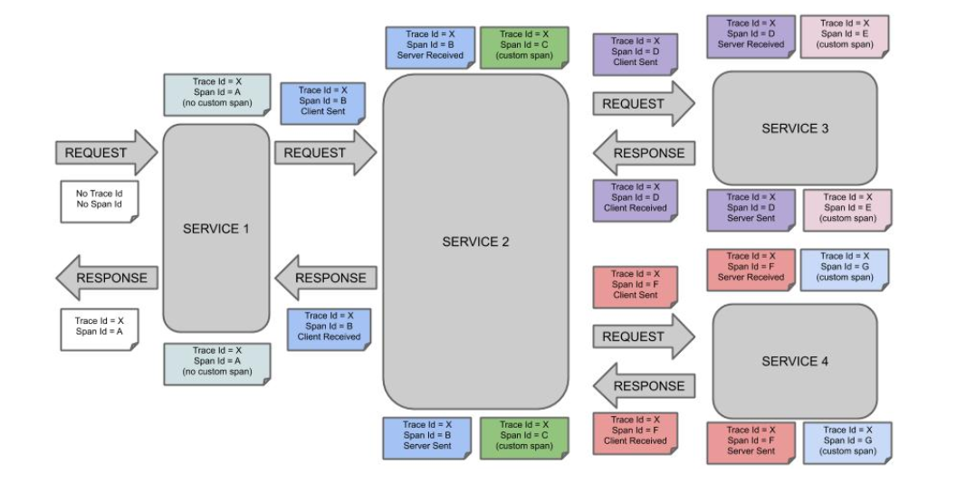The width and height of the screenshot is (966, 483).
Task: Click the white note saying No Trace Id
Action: [x=100, y=202]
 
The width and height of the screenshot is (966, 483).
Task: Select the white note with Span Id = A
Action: [x=100, y=330]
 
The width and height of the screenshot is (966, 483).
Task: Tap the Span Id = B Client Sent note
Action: [x=323, y=103]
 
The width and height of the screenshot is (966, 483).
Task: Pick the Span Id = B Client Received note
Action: [x=329, y=330]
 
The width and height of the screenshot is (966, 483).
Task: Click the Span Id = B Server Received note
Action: [x=430, y=47]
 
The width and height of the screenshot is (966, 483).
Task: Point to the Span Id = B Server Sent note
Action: [x=427, y=438]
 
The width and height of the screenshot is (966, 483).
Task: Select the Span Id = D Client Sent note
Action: [x=636, y=55]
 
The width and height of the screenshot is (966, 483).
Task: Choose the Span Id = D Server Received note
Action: [x=751, y=37]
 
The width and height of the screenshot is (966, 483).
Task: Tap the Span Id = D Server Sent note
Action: [x=751, y=211]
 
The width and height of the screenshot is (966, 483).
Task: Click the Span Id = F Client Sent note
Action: [x=636, y=288]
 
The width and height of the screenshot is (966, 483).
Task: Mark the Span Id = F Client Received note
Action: [x=636, y=434]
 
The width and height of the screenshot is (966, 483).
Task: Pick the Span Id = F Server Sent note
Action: [x=751, y=443]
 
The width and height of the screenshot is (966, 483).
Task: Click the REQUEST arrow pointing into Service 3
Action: [x=644, y=103]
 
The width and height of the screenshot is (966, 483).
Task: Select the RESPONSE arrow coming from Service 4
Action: [x=644, y=386]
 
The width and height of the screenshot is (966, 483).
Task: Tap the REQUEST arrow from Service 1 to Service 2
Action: [x=325, y=153]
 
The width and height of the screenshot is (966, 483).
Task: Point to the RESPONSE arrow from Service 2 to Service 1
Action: [x=325, y=278]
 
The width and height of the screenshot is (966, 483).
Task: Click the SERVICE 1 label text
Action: [x=215, y=229]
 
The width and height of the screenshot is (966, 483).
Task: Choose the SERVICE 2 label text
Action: [x=475, y=241]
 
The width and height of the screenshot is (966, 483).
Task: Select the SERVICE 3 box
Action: [x=795, y=128]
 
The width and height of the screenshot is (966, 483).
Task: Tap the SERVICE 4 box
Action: [x=795, y=361]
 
